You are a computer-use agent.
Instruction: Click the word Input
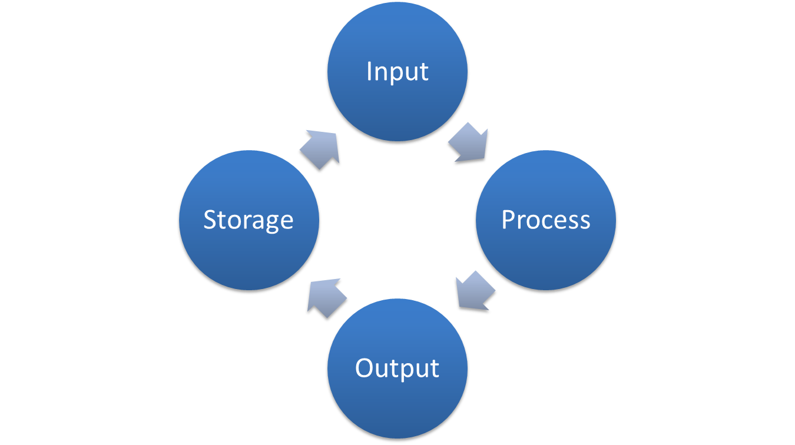tap(397, 72)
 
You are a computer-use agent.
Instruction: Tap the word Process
tap(545, 220)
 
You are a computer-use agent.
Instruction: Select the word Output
tap(397, 368)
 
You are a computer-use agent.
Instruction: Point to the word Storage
tap(249, 220)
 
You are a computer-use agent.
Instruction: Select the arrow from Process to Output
tap(475, 292)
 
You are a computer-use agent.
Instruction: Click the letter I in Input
tap(369, 71)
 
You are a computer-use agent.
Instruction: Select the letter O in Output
tap(365, 368)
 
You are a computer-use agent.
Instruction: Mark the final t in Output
tap(435, 368)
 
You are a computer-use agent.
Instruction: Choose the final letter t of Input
tap(424, 72)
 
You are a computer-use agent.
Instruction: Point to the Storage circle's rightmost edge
tap(320, 220)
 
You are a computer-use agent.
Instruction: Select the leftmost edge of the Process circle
tap(475, 220)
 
